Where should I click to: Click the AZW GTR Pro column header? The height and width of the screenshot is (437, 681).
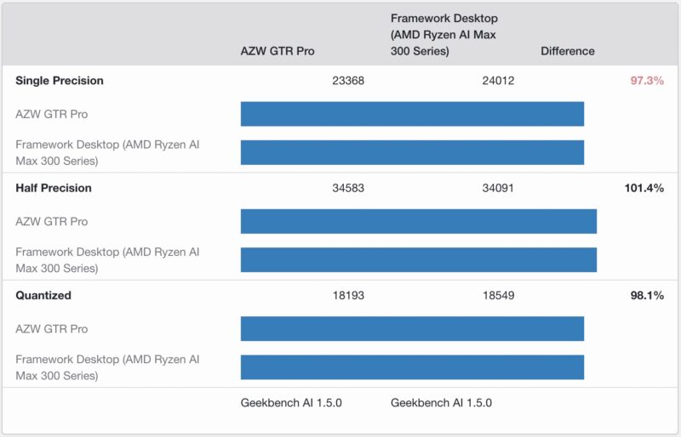click(278, 51)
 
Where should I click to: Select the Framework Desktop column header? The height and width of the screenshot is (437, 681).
click(444, 34)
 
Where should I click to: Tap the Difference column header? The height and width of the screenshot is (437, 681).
click(567, 51)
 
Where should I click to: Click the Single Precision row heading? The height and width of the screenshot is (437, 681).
click(60, 81)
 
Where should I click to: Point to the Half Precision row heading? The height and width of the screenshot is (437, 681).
click(54, 188)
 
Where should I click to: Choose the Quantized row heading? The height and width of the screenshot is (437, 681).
click(43, 295)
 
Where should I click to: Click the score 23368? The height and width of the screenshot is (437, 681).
click(348, 81)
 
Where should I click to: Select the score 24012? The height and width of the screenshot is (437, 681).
click(498, 81)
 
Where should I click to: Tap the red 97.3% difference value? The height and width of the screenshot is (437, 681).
click(645, 81)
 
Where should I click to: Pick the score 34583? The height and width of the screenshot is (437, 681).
click(348, 188)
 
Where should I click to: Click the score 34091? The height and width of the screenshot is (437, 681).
click(498, 188)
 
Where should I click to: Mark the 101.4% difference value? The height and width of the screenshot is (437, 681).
click(643, 188)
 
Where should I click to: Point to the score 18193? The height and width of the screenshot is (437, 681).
click(348, 295)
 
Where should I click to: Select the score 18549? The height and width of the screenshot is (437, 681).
click(498, 295)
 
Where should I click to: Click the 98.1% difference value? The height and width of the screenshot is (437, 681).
click(645, 295)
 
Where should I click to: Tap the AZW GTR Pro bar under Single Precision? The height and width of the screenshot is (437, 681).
click(412, 114)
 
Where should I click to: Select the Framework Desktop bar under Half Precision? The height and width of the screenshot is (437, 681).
click(418, 259)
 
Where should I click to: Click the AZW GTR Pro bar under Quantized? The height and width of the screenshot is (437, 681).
click(412, 328)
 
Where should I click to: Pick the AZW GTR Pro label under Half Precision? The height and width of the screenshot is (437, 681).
click(52, 221)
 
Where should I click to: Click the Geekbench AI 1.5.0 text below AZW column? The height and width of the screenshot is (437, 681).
click(291, 403)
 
